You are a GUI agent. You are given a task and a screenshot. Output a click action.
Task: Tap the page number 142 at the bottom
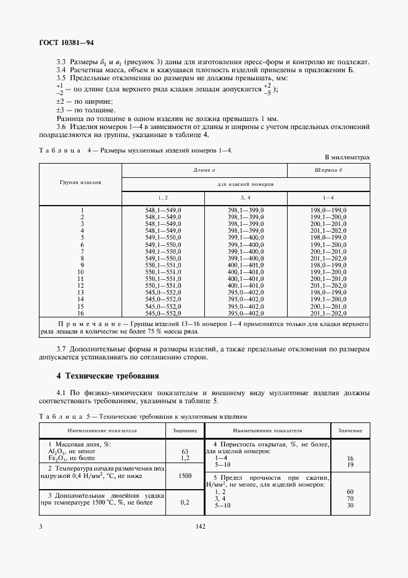point(201,527)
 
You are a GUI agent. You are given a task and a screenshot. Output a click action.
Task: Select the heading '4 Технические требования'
point(108,375)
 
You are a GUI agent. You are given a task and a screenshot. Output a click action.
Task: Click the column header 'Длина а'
point(204,169)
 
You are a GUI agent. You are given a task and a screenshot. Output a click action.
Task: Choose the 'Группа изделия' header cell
point(80,183)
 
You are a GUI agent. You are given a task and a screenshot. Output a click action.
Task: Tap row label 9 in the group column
point(81,265)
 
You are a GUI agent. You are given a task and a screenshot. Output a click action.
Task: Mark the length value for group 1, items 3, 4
point(246,211)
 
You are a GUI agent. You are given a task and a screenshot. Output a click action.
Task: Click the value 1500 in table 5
point(185,476)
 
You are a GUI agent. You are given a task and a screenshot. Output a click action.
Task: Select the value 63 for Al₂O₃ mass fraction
point(185,451)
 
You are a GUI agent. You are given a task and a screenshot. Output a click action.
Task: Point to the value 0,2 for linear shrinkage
point(185,503)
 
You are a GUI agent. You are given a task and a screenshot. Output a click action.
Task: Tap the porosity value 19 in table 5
point(350,465)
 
